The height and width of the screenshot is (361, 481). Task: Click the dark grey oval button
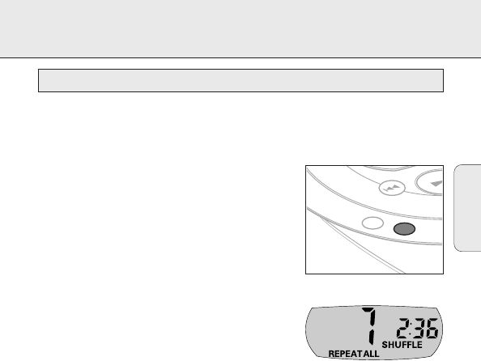[404, 229]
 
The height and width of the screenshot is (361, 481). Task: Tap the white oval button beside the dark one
[372, 223]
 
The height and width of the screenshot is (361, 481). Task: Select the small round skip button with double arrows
[392, 188]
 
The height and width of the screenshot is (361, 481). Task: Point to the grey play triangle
[436, 184]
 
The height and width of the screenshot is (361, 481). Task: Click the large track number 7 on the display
[369, 325]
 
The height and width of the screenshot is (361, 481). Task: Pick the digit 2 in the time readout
[402, 328]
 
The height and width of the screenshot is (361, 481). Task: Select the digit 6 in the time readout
[432, 328]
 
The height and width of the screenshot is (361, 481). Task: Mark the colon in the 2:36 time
[411, 328]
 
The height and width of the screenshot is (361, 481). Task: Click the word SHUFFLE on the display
[402, 345]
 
